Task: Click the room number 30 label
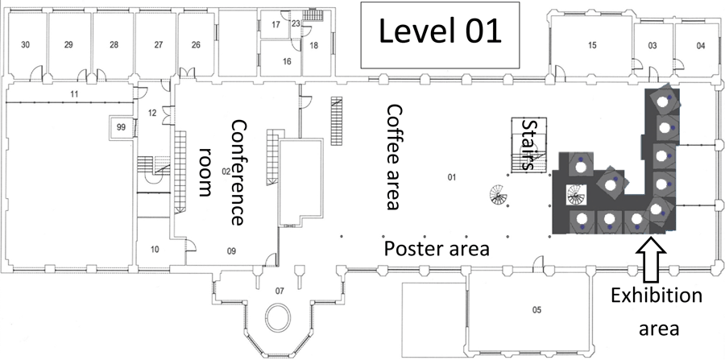tap(26, 45)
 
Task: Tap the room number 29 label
tap(68, 45)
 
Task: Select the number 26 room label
tap(196, 45)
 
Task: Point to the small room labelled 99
tap(121, 127)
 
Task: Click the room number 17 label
tap(276, 24)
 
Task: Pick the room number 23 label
tap(296, 23)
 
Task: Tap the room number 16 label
tap(287, 61)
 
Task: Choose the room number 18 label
tap(314, 45)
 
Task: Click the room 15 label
tap(592, 45)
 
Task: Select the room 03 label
tap(652, 45)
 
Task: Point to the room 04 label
tap(701, 45)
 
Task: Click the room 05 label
tap(536, 309)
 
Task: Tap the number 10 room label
tap(155, 250)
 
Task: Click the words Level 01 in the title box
tap(440, 32)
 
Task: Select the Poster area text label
tap(437, 249)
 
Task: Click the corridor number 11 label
tap(74, 94)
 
